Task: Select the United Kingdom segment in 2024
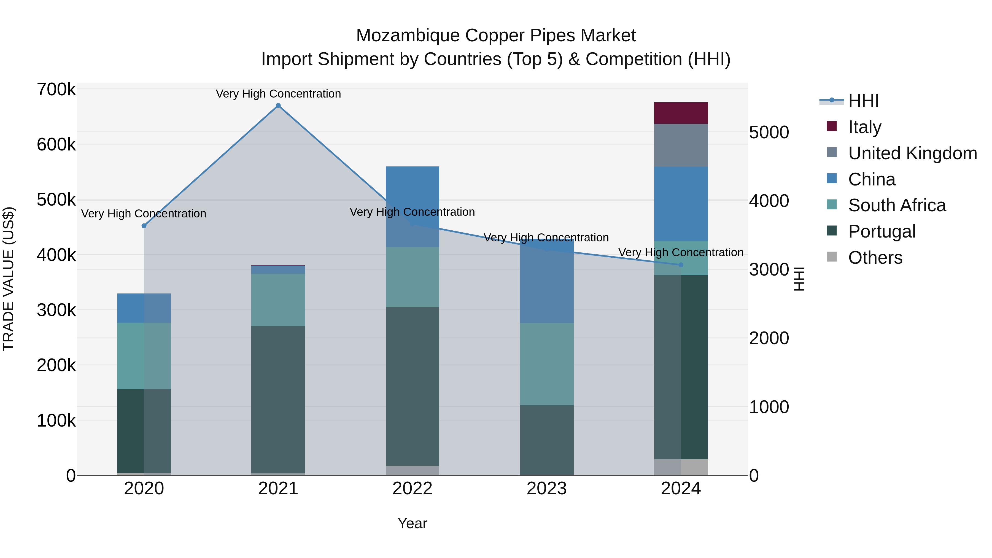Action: pos(681,145)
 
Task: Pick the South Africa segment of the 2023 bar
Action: pos(546,364)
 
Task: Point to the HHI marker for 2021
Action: pos(278,106)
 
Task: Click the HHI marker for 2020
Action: pos(144,226)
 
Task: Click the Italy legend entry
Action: pos(864,127)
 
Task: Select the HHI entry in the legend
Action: pos(863,101)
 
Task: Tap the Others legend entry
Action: pos(875,258)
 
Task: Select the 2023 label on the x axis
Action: pos(546,489)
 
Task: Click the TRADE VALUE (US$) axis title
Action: pos(9,279)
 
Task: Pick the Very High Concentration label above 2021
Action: pos(278,94)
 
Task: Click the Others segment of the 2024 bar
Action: pos(681,467)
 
